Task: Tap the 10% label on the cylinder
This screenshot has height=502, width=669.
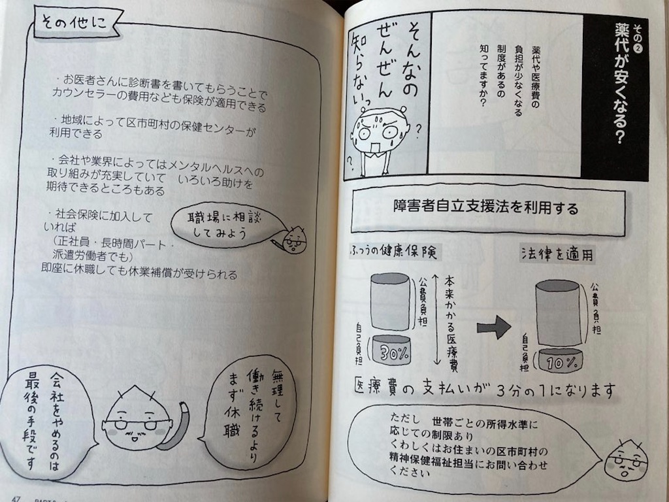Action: point(560,360)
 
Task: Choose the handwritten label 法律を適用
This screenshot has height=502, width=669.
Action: point(557,254)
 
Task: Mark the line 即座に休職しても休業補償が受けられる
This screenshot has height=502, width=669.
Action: point(144,275)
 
